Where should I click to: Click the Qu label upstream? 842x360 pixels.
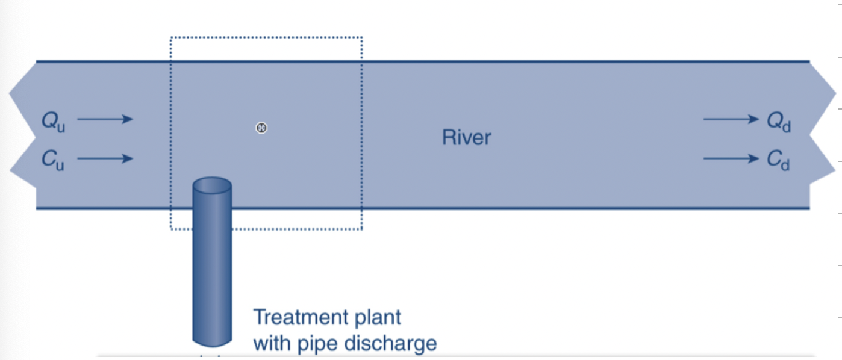[54, 122]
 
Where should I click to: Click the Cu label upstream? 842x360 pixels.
[53, 160]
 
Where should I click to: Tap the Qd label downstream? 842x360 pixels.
[779, 122]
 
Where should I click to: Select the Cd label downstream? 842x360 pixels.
[778, 160]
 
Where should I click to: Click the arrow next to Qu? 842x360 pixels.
[105, 119]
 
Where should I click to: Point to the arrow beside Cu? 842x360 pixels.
[105, 158]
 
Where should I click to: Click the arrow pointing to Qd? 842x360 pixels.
[732, 119]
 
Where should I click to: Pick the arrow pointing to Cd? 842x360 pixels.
[732, 158]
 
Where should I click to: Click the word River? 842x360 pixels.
[467, 137]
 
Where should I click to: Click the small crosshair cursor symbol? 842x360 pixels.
[261, 128]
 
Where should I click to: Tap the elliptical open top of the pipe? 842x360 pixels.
[212, 185]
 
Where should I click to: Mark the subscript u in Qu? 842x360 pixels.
[61, 128]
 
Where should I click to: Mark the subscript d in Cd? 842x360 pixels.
[785, 164]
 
